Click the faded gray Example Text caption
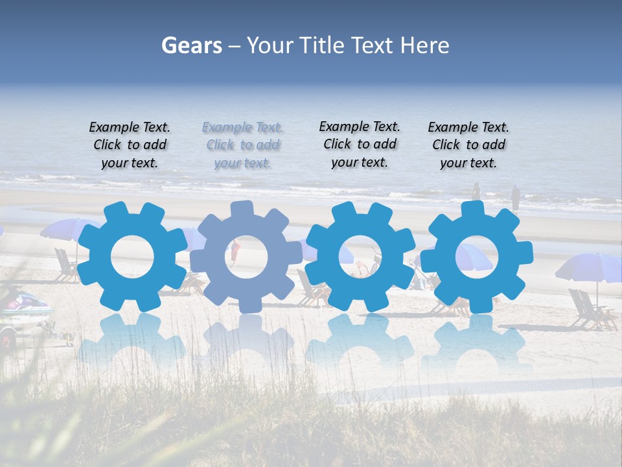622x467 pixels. [x=242, y=145]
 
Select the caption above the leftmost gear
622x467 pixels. [x=130, y=145]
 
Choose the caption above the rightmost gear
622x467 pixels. [x=468, y=145]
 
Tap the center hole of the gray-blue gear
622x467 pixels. [x=243, y=256]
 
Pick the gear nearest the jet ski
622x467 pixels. [x=132, y=256]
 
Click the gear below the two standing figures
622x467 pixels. [x=477, y=256]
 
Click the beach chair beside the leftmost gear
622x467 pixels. [x=65, y=266]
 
